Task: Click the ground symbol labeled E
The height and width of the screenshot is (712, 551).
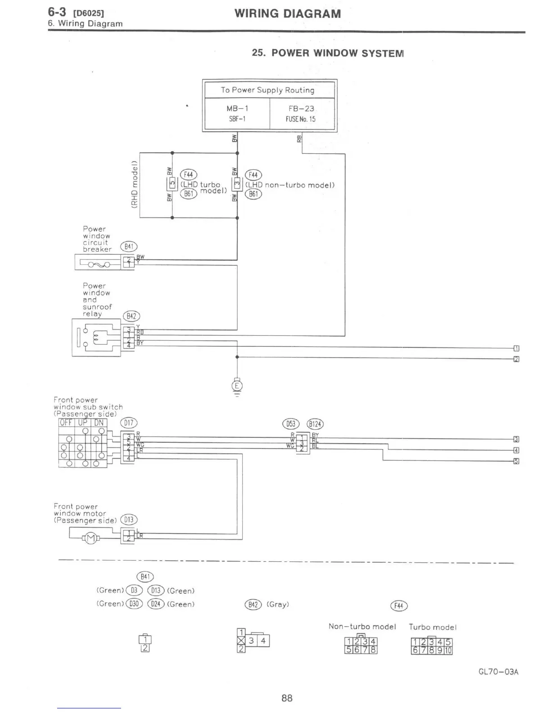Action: (x=237, y=386)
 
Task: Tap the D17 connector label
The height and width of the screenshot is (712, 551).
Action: (x=129, y=423)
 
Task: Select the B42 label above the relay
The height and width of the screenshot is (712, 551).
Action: (x=131, y=316)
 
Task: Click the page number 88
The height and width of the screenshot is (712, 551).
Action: (x=287, y=698)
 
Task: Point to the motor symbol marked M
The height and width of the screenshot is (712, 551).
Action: (x=91, y=538)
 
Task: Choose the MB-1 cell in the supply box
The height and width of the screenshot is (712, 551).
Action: (x=237, y=113)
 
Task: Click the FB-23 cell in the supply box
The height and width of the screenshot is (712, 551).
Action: (x=301, y=113)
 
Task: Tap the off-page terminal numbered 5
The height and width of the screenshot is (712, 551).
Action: (x=516, y=461)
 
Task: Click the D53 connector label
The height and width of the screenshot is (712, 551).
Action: (x=290, y=424)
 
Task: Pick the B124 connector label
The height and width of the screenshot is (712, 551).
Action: (x=315, y=424)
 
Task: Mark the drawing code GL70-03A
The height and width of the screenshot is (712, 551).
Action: (x=498, y=672)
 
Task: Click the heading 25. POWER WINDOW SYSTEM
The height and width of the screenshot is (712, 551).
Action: (x=328, y=53)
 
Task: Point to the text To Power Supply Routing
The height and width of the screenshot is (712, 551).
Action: (x=267, y=90)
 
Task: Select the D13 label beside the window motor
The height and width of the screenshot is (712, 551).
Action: (x=129, y=520)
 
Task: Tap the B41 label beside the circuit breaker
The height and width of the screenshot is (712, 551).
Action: (x=129, y=246)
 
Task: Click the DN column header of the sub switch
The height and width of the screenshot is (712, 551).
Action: (x=99, y=423)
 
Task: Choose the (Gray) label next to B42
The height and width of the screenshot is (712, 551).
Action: (x=278, y=605)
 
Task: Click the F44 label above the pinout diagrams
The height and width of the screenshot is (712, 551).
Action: (x=399, y=606)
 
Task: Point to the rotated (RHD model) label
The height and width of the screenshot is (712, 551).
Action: (x=134, y=185)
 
